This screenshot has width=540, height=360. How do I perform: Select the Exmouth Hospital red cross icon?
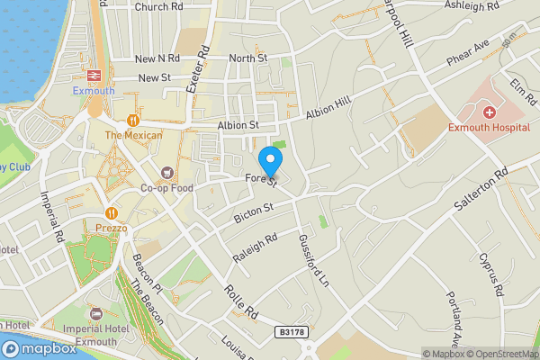pyautogui.click(x=489, y=112)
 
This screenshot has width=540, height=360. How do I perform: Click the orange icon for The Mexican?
pyautogui.click(x=133, y=120)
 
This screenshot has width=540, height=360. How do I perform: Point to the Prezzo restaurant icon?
pyautogui.click(x=111, y=213)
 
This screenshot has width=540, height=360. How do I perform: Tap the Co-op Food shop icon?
pyautogui.click(x=166, y=172)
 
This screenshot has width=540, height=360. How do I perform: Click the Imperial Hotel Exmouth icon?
pyautogui.click(x=96, y=313)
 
